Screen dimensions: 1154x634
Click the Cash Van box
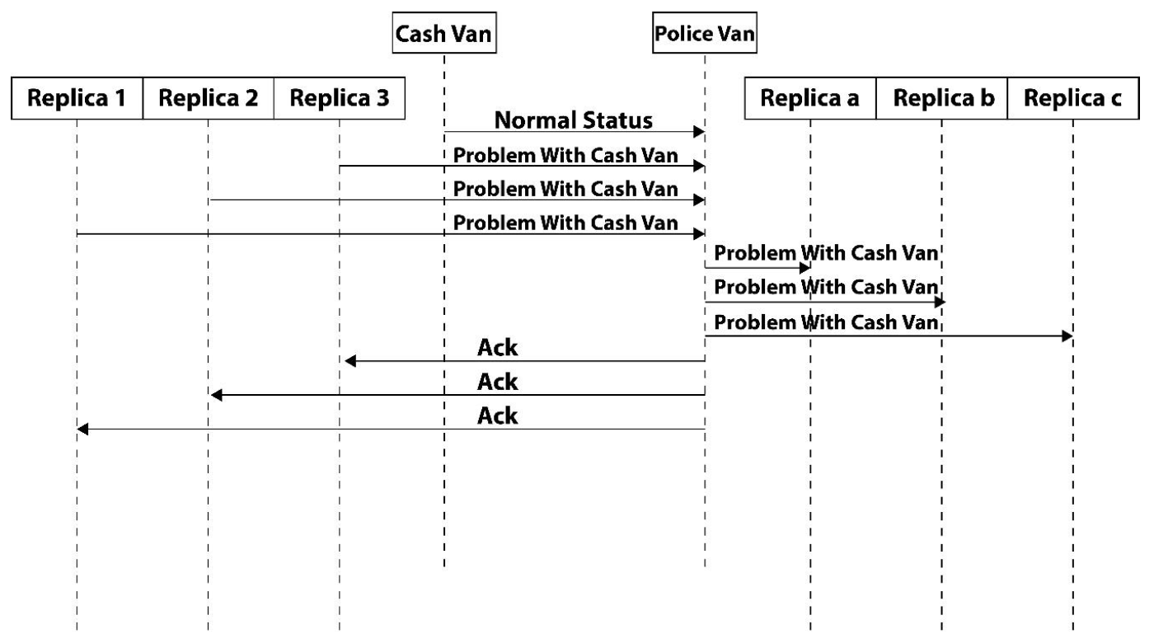tap(444, 33)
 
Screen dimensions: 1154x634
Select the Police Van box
tap(704, 33)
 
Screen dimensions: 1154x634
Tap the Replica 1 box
tap(77, 98)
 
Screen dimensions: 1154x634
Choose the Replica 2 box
tap(208, 98)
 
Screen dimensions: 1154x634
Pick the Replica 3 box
tap(340, 98)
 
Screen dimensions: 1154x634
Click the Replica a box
tap(810, 98)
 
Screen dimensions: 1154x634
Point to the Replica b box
tap(941, 98)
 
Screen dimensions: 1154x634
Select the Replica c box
tap(1073, 98)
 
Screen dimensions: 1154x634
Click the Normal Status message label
tap(574, 120)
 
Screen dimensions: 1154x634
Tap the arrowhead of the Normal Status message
tap(699, 131)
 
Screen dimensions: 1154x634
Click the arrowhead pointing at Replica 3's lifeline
tap(350, 361)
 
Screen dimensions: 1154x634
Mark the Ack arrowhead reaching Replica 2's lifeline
tap(216, 395)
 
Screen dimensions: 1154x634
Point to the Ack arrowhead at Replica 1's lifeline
tap(82, 429)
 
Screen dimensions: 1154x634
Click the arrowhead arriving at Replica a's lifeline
tap(805, 267)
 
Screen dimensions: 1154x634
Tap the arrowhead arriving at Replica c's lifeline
tap(1067, 336)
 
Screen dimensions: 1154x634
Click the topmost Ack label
tap(497, 347)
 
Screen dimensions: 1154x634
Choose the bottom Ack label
tap(497, 416)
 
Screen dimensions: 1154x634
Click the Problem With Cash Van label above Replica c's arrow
tap(826, 322)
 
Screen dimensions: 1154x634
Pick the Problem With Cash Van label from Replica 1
tap(565, 223)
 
